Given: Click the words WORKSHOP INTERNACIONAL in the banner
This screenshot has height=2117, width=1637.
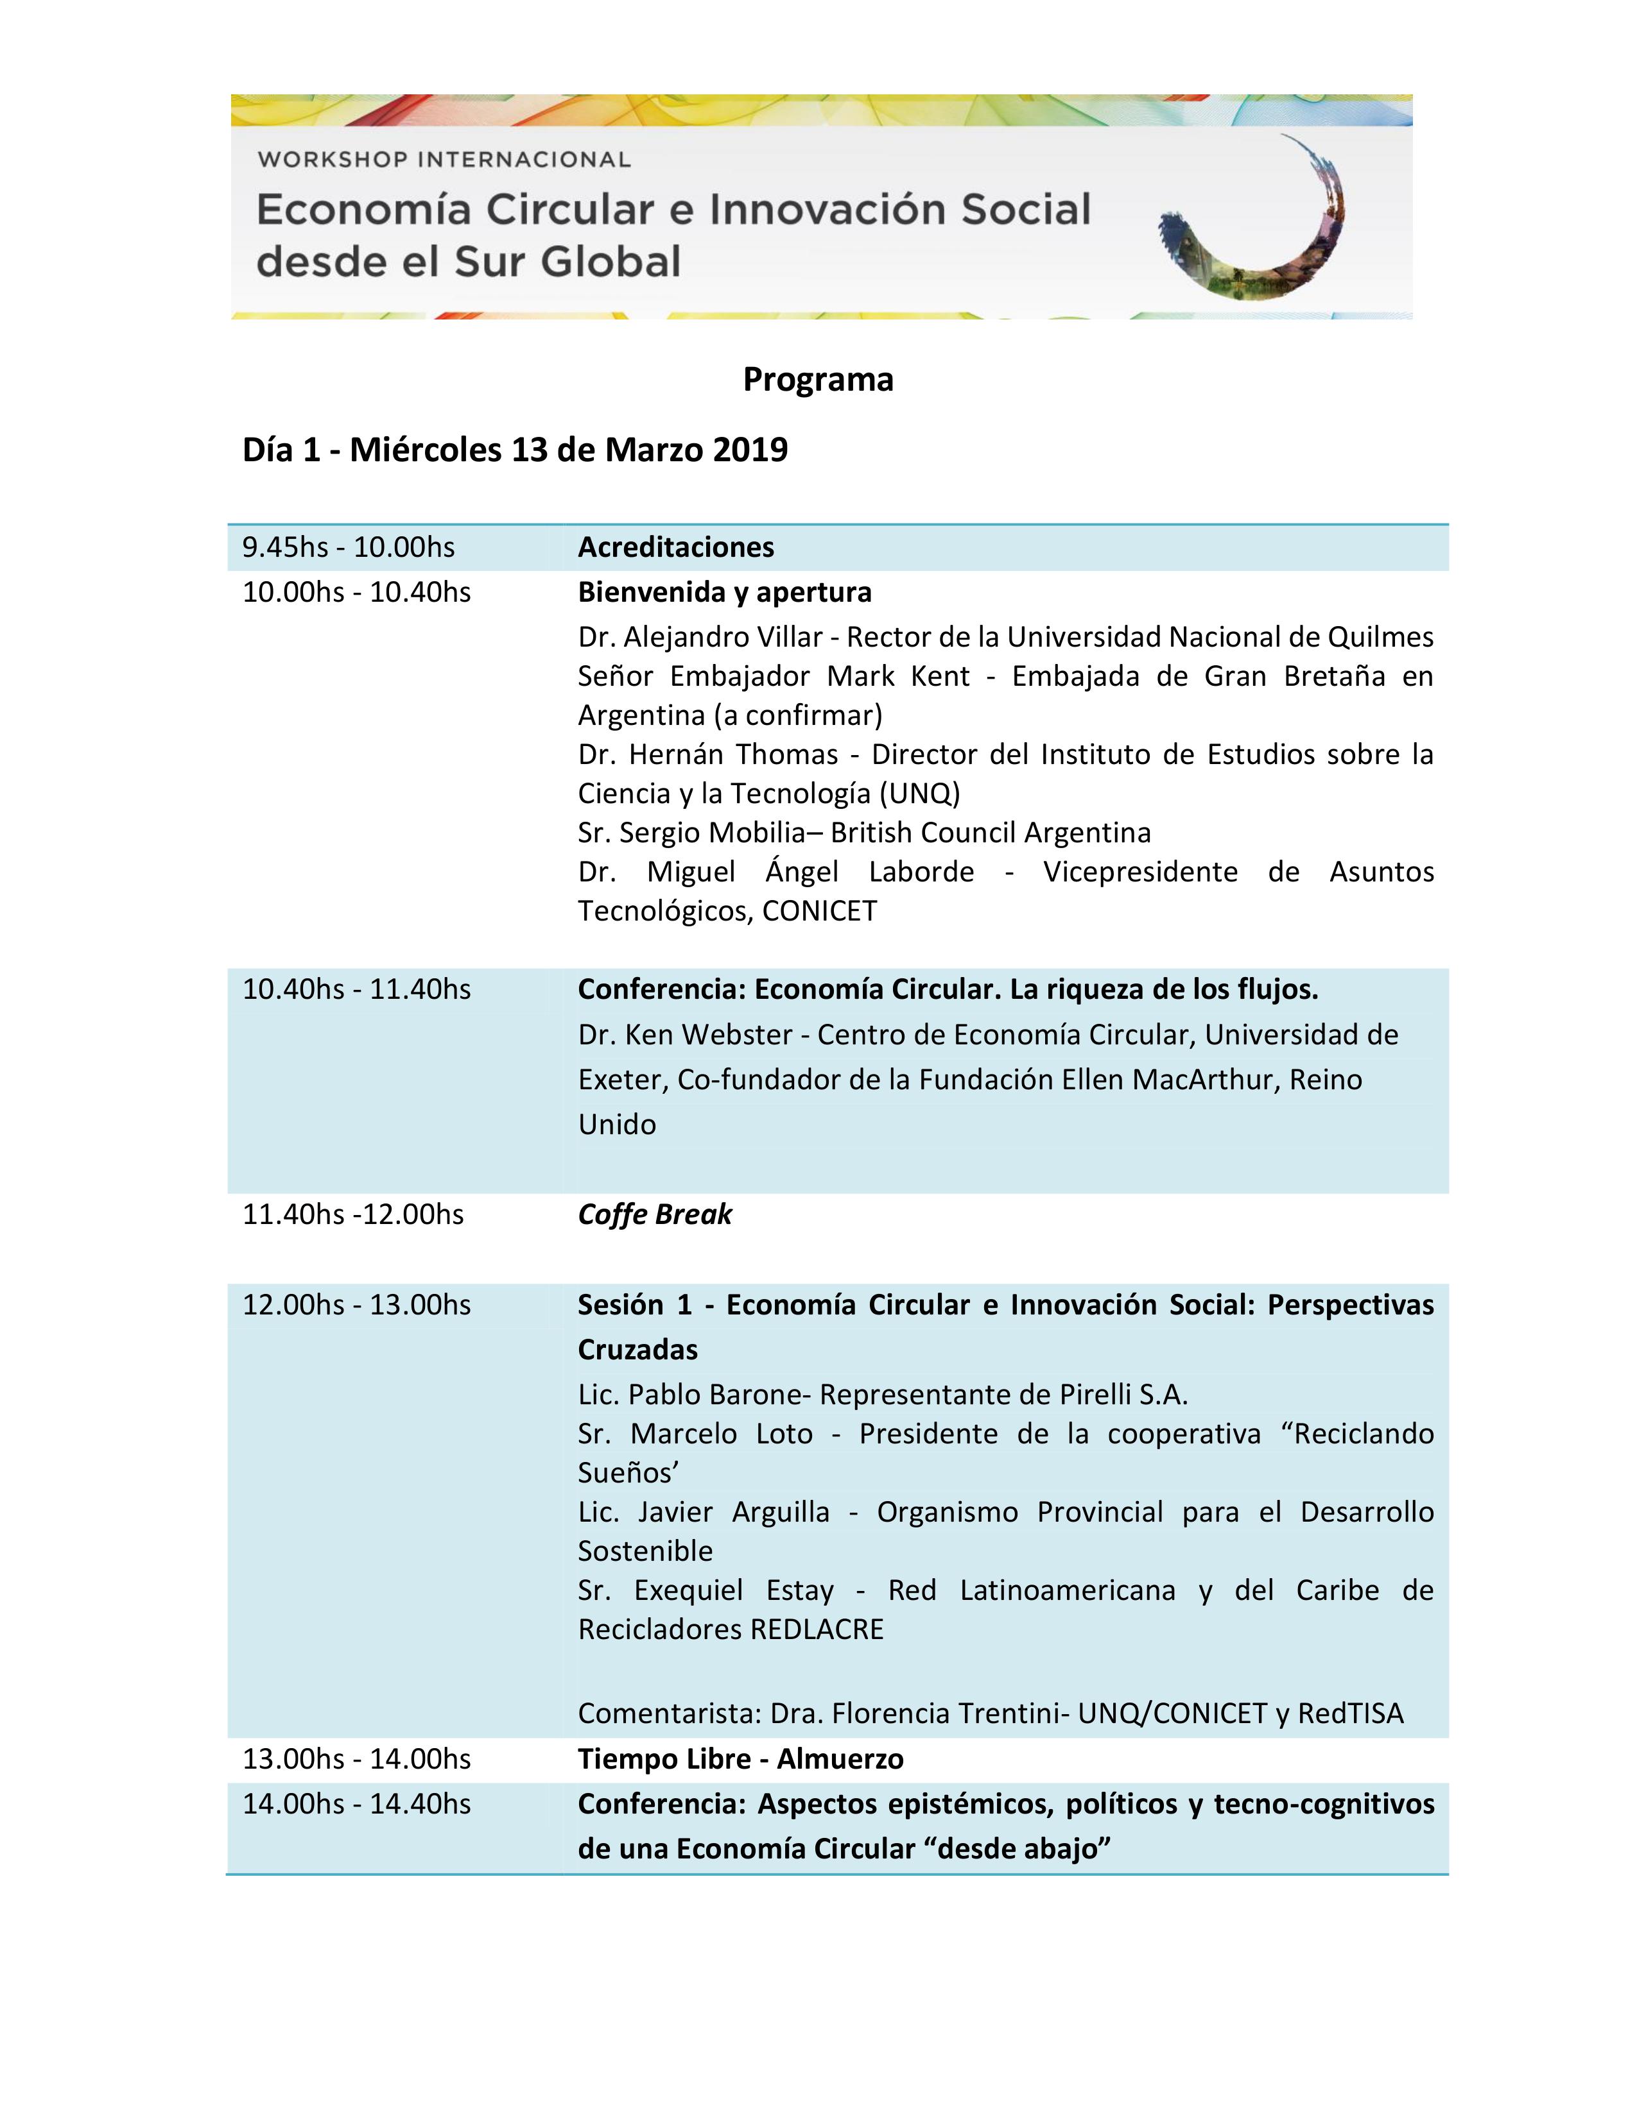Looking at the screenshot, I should click(x=443, y=159).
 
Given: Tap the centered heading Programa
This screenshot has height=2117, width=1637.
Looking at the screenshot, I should click(x=817, y=379).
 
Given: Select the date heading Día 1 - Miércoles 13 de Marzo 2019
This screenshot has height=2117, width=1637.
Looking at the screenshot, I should click(x=514, y=450).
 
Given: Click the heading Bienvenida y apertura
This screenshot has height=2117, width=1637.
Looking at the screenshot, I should click(x=723, y=591).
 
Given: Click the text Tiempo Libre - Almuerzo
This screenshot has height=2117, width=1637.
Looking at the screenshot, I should click(x=740, y=1758).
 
